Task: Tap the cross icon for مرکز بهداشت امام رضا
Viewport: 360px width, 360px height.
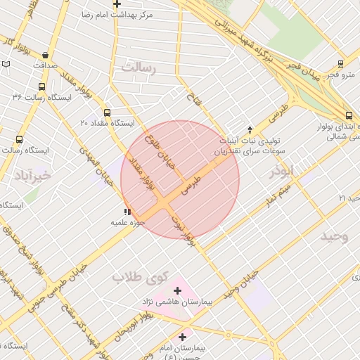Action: tap(117, 4)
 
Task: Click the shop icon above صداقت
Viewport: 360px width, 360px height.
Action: tap(46, 55)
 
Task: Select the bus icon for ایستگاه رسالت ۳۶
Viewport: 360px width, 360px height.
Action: tap(41, 87)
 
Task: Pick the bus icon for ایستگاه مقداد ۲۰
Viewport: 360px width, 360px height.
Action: tap(107, 112)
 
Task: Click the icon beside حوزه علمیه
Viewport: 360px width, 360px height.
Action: tap(127, 212)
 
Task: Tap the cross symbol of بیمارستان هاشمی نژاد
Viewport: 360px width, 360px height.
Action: tap(177, 290)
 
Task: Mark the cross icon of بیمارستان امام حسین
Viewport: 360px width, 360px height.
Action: tap(182, 337)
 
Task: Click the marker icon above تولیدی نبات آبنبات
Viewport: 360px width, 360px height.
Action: tap(239, 129)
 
